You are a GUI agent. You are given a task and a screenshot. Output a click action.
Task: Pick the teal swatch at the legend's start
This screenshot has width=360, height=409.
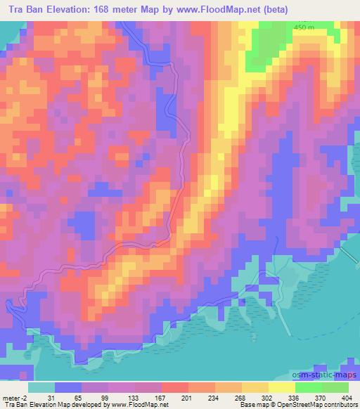click(x=41, y=387)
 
